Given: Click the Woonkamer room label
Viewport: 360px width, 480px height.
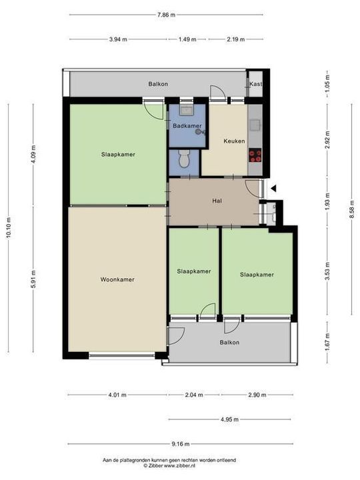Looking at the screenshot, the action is (117, 279).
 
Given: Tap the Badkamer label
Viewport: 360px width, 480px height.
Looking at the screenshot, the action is (187, 126).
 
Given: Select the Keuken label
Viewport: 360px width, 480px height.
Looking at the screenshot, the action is (234, 141).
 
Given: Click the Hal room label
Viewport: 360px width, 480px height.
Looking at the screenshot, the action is (217, 201).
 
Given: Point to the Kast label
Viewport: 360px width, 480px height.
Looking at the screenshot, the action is (255, 83).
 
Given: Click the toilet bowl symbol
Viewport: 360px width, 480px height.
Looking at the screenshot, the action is (184, 159).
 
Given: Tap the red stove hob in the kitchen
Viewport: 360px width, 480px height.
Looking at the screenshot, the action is (255, 155).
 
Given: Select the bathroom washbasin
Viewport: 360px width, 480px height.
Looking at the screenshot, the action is (186, 110).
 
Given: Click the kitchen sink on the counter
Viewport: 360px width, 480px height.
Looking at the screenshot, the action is (255, 125).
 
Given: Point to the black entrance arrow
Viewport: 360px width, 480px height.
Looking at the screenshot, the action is (273, 189).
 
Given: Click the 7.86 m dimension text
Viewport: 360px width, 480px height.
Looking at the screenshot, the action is (166, 15).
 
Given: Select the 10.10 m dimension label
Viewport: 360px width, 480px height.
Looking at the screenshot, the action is (9, 228).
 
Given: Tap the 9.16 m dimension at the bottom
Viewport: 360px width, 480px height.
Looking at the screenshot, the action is (180, 444).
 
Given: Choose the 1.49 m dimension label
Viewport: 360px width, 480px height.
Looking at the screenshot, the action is (187, 39).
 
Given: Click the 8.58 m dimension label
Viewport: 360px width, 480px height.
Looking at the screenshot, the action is (352, 209).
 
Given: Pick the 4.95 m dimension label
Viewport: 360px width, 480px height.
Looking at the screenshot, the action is (229, 419).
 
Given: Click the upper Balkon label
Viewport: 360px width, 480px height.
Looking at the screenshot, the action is (158, 84).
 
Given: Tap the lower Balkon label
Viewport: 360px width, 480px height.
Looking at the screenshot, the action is (229, 343).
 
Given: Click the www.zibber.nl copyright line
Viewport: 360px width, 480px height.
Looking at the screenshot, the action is (169, 465).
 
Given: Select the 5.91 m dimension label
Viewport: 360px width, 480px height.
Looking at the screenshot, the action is (34, 279).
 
